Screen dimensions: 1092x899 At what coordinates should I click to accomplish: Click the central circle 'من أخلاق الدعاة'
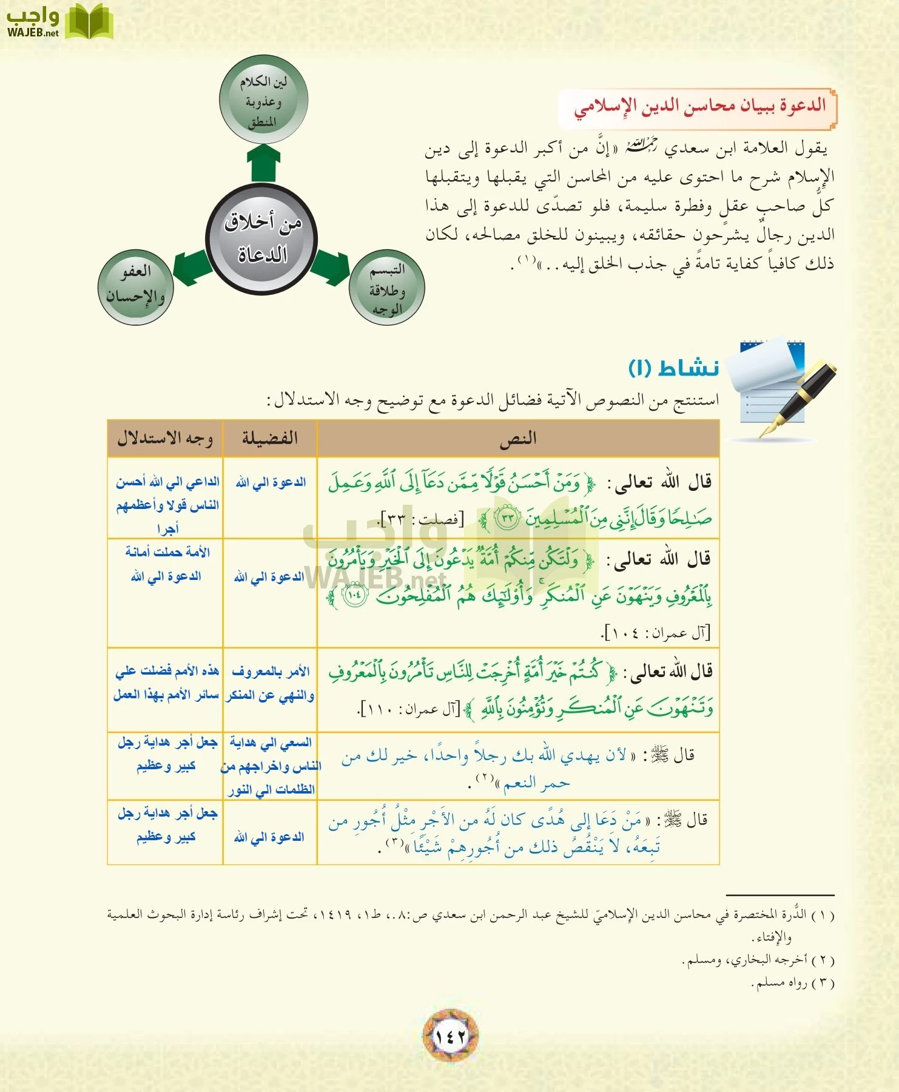point(262,238)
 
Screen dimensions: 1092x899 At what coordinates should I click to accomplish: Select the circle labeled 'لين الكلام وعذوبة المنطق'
point(263,100)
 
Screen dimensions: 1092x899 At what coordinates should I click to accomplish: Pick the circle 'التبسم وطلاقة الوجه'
point(387,288)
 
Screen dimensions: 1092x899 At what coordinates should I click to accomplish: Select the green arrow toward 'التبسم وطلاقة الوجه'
point(331,267)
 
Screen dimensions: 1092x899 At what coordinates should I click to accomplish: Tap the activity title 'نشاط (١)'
point(673,368)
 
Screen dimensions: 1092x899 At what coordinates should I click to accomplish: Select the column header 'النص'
point(518,438)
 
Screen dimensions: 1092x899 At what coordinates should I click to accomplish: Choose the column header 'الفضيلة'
point(270,438)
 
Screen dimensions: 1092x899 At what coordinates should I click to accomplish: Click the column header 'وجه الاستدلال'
point(165,438)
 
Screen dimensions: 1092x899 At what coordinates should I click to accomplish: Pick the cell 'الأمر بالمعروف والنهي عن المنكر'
point(270,684)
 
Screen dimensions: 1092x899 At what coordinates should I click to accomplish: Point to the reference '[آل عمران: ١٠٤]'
point(655,633)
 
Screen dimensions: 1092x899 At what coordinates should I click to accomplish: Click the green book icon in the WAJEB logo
point(89,22)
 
